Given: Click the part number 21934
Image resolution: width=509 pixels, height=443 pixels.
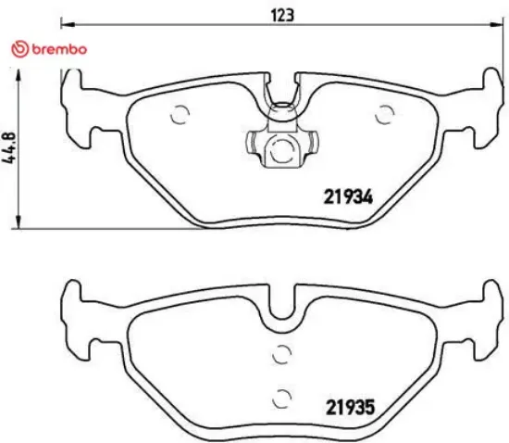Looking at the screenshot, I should [347, 196].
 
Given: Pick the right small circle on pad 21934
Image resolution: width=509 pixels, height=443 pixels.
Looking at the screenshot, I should [382, 115].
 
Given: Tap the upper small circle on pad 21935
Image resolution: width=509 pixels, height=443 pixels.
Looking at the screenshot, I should [283, 353].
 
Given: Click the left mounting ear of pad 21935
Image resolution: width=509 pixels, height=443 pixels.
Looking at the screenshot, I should [78, 315].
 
